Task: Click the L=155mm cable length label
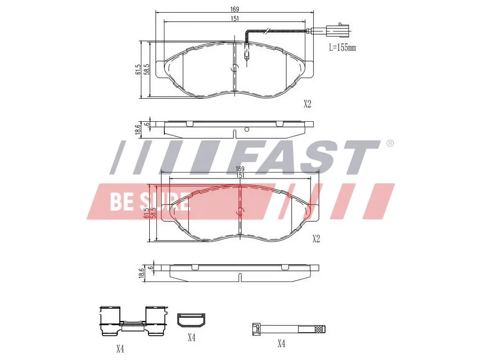tap(342, 47)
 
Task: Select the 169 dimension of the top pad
tap(235, 9)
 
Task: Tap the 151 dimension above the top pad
tap(235, 18)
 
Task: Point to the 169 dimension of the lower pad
tap(240, 169)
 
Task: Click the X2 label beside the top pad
tap(307, 104)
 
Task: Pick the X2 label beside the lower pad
tap(316, 239)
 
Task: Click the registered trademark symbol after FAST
tap(389, 143)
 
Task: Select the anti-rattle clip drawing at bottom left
tap(134, 321)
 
